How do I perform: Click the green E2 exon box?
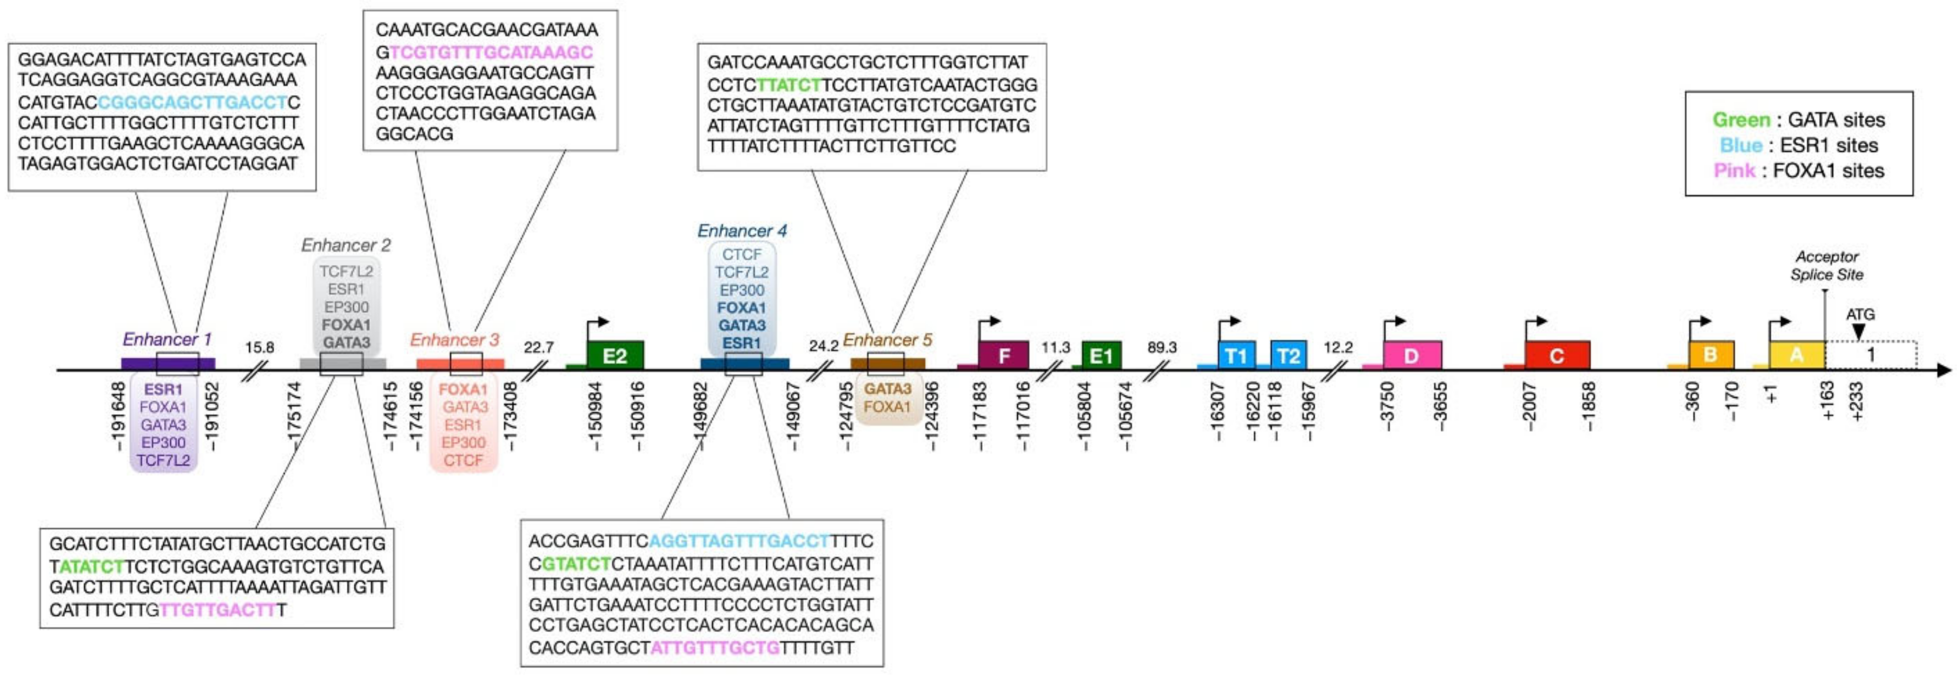(x=615, y=355)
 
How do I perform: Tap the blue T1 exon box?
(x=1236, y=355)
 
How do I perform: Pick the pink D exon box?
(x=1412, y=355)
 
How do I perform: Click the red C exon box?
(x=1557, y=355)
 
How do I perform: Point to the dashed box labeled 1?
(x=1870, y=354)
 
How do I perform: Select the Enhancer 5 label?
(x=887, y=339)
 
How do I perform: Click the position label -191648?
(x=118, y=416)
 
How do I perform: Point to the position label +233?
(x=1857, y=401)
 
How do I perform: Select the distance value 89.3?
(x=1162, y=347)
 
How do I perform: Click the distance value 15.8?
(x=260, y=347)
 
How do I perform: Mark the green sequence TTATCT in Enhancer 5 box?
(x=790, y=84)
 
